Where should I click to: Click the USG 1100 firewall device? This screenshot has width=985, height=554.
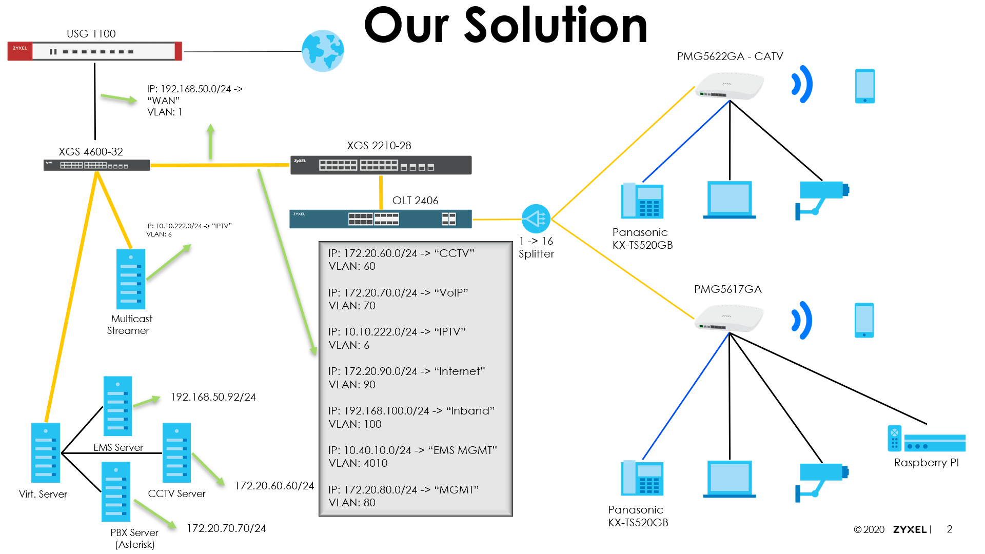[x=95, y=51]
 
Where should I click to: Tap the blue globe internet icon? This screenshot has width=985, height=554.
[x=323, y=51]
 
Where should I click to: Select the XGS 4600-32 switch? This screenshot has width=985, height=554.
[x=96, y=165]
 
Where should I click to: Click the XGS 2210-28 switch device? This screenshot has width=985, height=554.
[x=381, y=165]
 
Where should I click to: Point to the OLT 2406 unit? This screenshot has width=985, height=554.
[x=380, y=219]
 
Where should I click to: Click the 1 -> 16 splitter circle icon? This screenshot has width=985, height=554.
[x=536, y=219]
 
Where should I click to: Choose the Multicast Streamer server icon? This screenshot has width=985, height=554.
[x=131, y=279]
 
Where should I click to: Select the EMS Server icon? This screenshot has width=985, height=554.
[x=117, y=406]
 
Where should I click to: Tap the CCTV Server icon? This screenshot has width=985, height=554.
[x=176, y=452]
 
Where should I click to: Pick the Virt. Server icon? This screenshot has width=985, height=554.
[x=46, y=452]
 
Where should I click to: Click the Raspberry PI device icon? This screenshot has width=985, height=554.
[x=926, y=439]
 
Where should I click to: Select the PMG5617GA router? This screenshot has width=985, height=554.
[x=728, y=318]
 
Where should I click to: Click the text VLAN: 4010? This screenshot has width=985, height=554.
[x=358, y=463]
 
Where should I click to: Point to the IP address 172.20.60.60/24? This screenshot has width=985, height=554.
[x=274, y=486]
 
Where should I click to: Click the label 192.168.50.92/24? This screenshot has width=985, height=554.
[x=213, y=397]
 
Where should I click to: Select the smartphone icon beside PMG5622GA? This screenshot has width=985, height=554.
[x=864, y=86]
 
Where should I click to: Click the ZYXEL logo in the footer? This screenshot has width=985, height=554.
[x=910, y=529]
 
